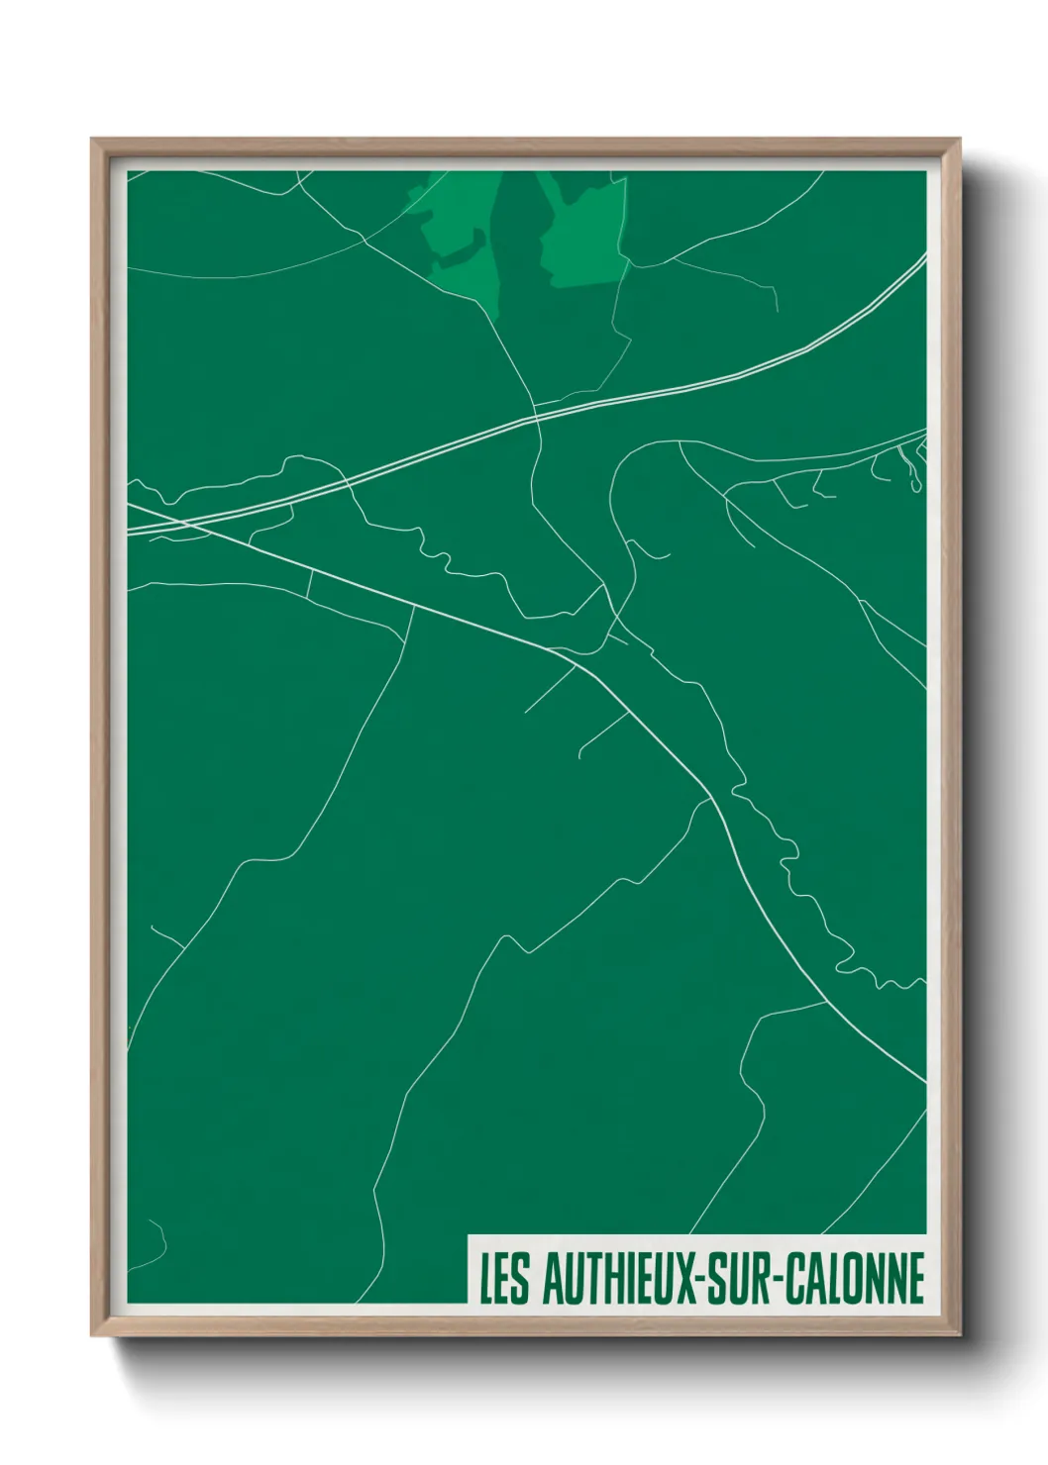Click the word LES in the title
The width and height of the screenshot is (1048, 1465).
pyautogui.click(x=505, y=1278)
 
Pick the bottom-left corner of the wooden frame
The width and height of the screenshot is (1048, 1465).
pyautogui.click(x=95, y=1333)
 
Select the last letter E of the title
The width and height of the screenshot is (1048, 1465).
pyautogui.click(x=915, y=1278)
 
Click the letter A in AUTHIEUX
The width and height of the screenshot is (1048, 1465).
pyautogui.click(x=553, y=1278)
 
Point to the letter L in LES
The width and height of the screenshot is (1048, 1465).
pyautogui.click(x=486, y=1278)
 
